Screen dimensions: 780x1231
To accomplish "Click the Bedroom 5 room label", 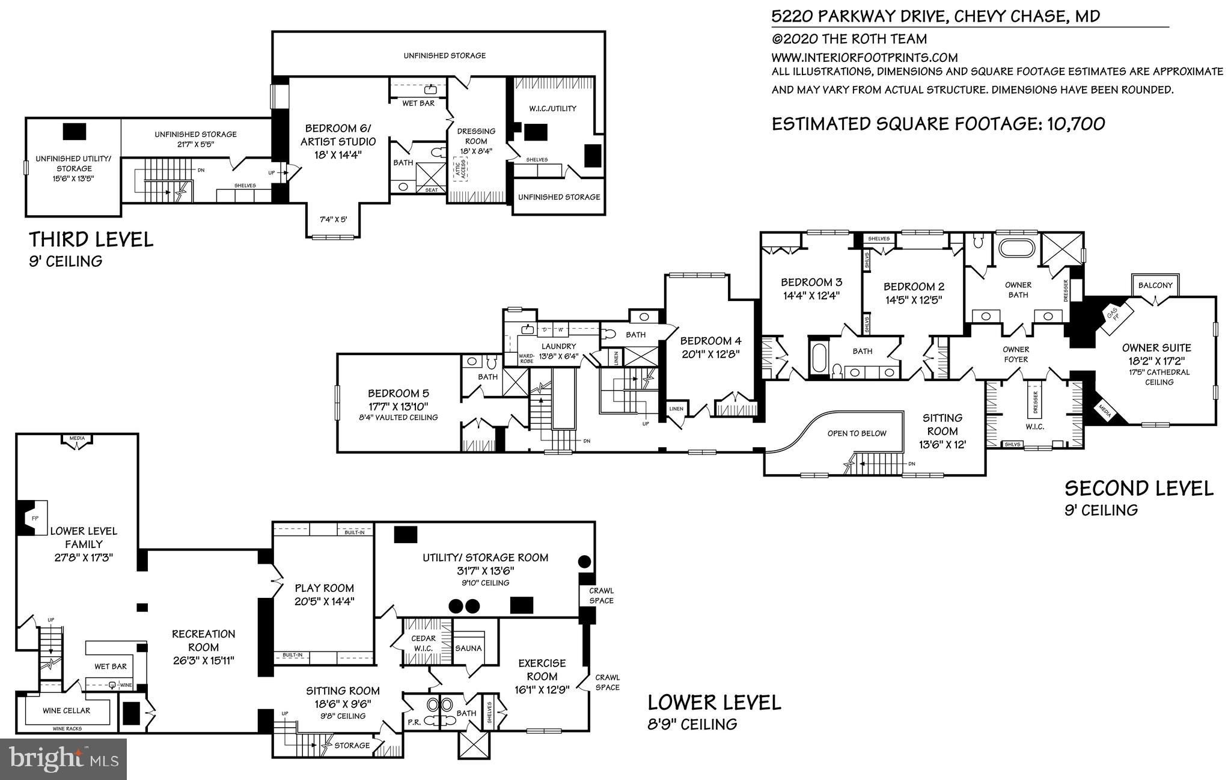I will pyautogui.click(x=398, y=394).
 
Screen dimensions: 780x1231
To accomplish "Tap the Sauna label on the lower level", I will pyautogui.click(x=468, y=648).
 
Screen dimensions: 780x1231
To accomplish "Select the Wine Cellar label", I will pyautogui.click(x=66, y=710).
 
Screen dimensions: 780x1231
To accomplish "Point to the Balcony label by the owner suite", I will pyautogui.click(x=1155, y=285).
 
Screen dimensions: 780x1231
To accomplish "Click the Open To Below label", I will pyautogui.click(x=857, y=433).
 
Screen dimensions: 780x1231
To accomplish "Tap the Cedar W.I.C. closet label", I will pyautogui.click(x=424, y=643).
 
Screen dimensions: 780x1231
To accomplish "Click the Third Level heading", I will pyautogui.click(x=91, y=240).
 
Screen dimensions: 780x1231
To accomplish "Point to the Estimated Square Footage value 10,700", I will pyautogui.click(x=1076, y=124).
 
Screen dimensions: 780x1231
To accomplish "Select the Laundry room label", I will pyautogui.click(x=558, y=346).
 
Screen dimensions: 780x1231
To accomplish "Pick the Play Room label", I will pyautogui.click(x=324, y=588).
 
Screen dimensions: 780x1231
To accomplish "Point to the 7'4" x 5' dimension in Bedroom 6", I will pyautogui.click(x=333, y=219).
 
